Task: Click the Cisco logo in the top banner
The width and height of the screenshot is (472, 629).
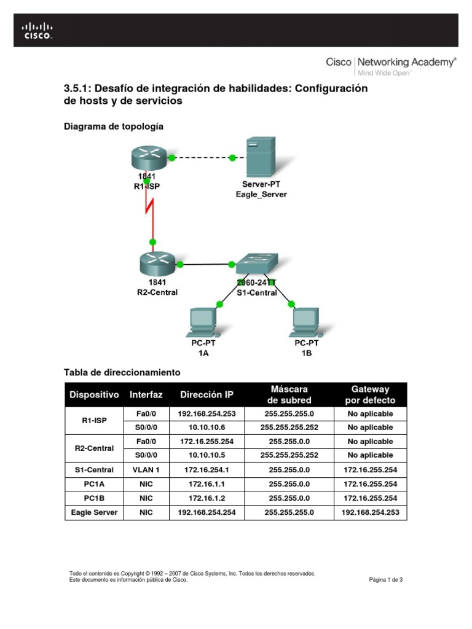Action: click(x=38, y=31)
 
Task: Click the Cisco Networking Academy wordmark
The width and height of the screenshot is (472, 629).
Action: click(x=391, y=62)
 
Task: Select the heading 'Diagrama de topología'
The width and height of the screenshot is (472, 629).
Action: click(x=114, y=127)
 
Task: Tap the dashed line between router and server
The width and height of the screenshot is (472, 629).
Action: click(x=202, y=158)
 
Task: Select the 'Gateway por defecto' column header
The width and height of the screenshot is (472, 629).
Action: click(x=370, y=394)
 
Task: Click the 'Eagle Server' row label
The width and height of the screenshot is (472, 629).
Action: click(x=94, y=512)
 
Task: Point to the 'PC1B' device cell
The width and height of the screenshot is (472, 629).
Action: click(x=94, y=498)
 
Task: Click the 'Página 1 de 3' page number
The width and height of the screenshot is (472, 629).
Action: click(x=385, y=579)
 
